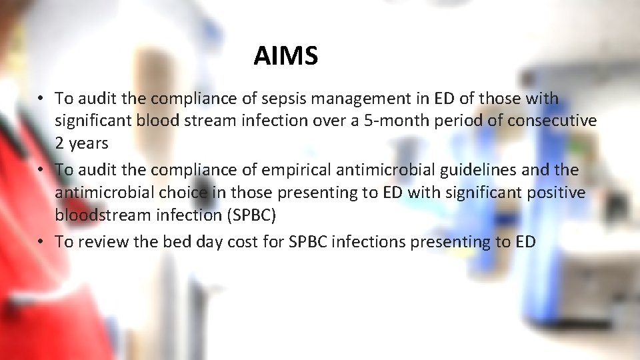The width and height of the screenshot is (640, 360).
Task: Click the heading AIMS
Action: click(285, 56)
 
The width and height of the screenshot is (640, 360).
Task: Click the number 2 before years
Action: click(59, 143)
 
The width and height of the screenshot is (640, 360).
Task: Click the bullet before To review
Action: click(41, 241)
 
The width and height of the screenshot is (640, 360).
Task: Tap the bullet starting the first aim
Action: click(41, 99)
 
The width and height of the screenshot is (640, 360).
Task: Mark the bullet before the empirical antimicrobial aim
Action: click(41, 170)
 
